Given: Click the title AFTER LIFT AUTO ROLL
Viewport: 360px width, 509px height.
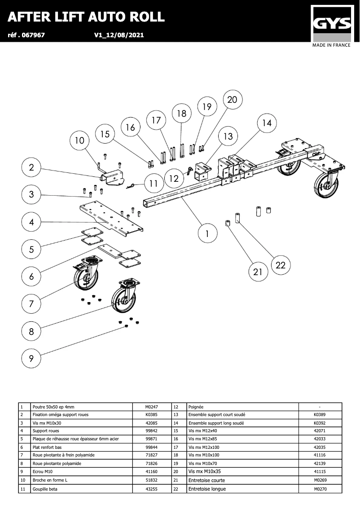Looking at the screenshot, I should coord(86,17).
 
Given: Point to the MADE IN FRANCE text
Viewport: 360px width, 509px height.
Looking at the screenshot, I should coord(332,45).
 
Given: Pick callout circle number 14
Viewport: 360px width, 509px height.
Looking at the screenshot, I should coord(267,123).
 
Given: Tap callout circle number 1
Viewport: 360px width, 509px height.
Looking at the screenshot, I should coord(207,234).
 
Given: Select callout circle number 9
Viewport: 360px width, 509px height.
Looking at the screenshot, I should coord(31,359).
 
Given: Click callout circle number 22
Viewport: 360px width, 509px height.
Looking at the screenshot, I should coord(281,265).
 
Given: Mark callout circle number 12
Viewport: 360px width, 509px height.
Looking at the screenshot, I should coord(174,179).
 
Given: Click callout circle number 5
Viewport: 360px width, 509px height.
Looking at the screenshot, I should coord(31,250).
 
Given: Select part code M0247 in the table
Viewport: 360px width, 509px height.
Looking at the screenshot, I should coord(152,407).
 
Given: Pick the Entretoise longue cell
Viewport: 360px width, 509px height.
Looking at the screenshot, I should coord(207,489).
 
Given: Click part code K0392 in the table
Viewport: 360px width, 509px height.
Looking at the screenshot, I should coord(319,423).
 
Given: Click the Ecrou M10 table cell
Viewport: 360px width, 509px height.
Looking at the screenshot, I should coord(43,472).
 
